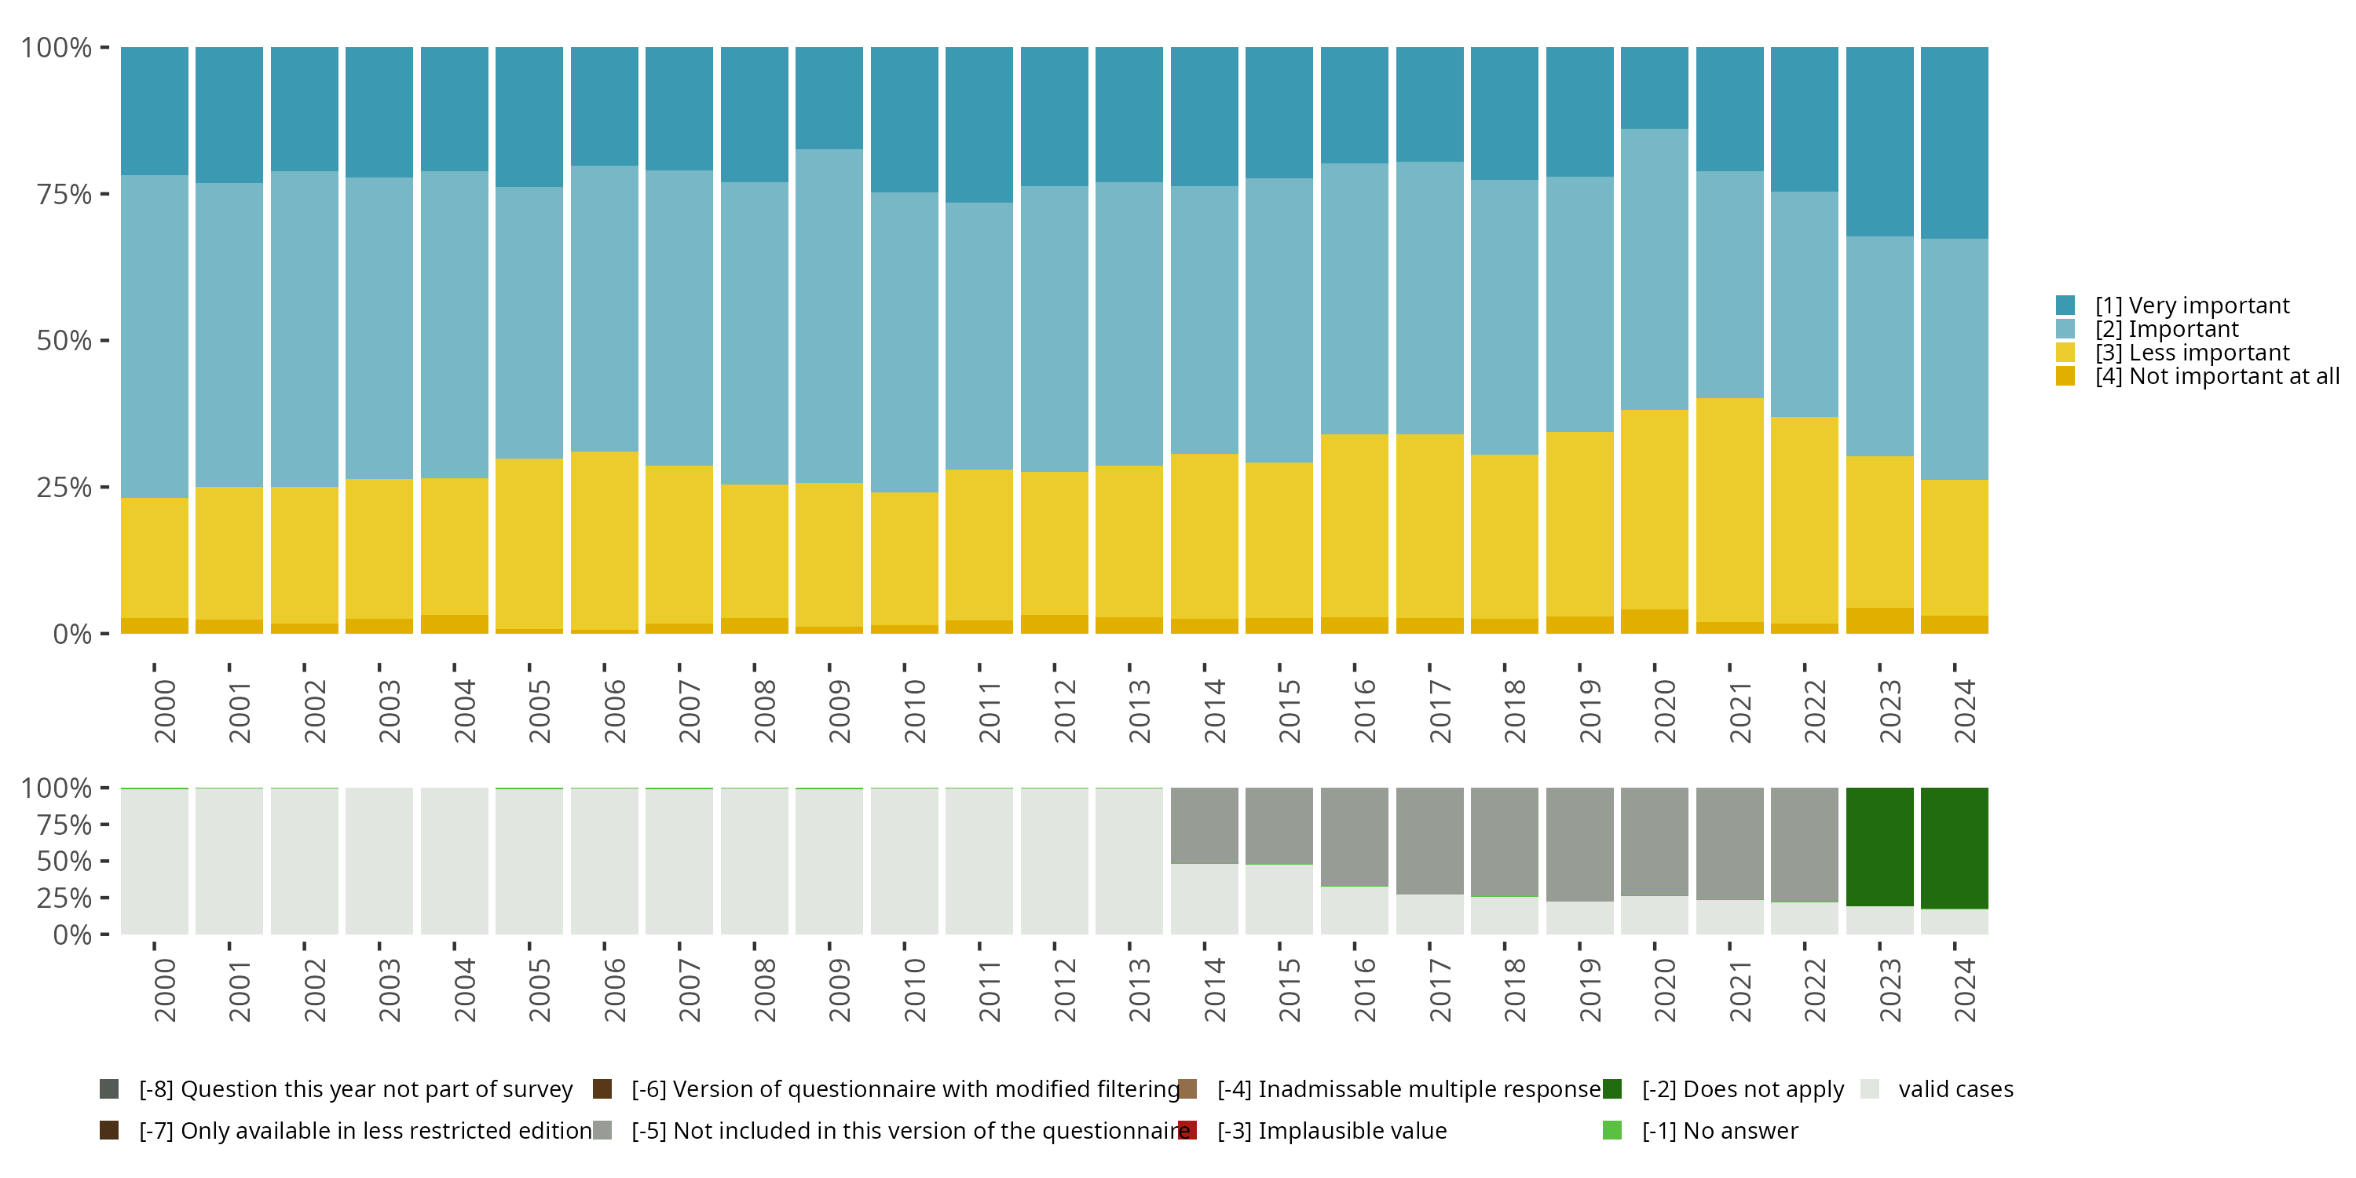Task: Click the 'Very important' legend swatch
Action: pyautogui.click(x=2065, y=305)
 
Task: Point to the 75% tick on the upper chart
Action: pyautogui.click(x=64, y=194)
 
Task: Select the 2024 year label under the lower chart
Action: pyautogui.click(x=1963, y=990)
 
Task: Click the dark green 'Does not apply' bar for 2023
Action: pyautogui.click(x=1879, y=846)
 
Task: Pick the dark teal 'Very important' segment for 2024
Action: pyautogui.click(x=1955, y=143)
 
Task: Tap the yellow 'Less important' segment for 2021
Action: pyautogui.click(x=1729, y=510)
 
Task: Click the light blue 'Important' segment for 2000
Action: pyautogui.click(x=155, y=337)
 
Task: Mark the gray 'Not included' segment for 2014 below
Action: pyautogui.click(x=1205, y=825)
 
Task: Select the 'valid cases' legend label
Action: pyautogui.click(x=1955, y=1089)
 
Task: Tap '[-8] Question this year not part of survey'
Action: pyautogui.click(x=355, y=1089)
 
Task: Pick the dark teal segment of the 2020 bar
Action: pyautogui.click(x=1655, y=88)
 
